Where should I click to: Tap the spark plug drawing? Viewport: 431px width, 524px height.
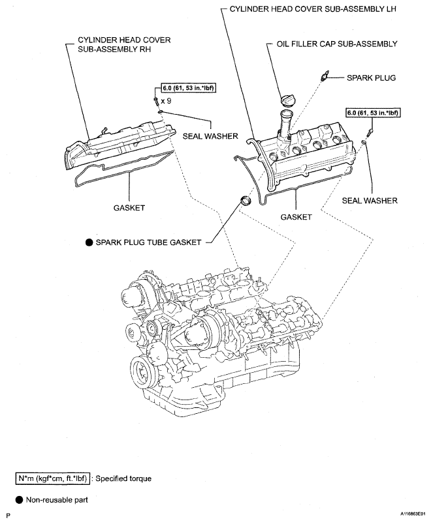[322, 77]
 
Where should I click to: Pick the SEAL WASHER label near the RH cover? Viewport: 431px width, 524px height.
[211, 136]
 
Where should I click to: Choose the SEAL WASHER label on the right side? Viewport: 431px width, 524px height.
[369, 201]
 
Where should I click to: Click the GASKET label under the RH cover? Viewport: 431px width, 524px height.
[127, 207]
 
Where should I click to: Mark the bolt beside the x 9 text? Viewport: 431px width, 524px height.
[155, 102]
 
